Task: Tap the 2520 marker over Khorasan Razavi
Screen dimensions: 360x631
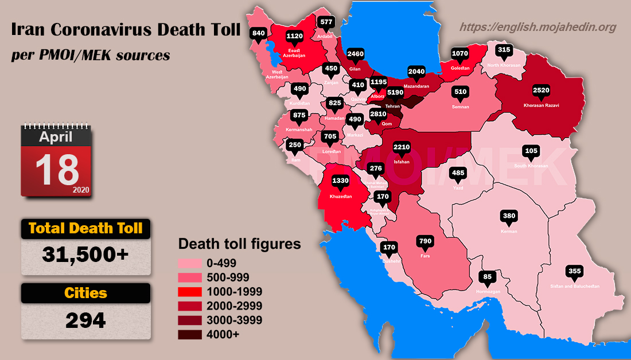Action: click(541, 91)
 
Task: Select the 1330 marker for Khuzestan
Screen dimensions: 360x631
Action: click(340, 181)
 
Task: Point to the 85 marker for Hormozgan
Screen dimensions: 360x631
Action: click(486, 277)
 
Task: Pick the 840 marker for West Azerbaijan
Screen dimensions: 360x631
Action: click(259, 33)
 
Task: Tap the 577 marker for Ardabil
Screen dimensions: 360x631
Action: click(326, 22)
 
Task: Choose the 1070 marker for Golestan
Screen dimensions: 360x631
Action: click(460, 53)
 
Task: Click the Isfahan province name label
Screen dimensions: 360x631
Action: click(402, 162)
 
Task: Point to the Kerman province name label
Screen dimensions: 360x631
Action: click(509, 232)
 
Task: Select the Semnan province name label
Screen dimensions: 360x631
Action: click(460, 107)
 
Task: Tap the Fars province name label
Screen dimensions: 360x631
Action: click(425, 256)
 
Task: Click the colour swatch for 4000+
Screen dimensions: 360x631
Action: click(190, 335)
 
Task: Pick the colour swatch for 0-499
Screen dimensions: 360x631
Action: click(190, 263)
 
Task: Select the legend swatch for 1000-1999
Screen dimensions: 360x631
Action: click(190, 292)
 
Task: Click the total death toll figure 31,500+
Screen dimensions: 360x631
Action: click(86, 254)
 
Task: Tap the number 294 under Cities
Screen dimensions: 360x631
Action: click(86, 319)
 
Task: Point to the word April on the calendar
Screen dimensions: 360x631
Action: click(56, 137)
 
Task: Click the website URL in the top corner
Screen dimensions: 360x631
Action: click(538, 27)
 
